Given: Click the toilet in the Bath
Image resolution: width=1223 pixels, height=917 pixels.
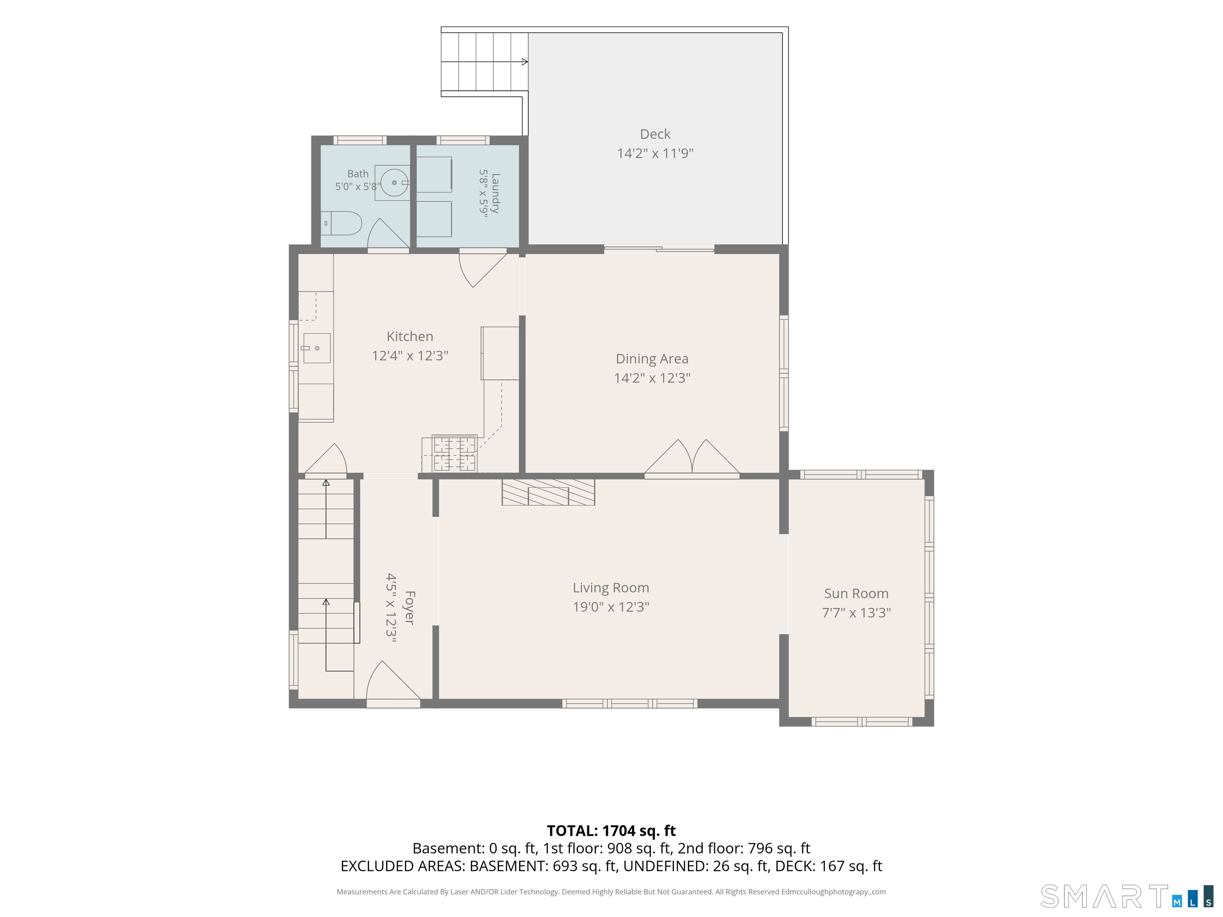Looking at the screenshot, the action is (341, 223).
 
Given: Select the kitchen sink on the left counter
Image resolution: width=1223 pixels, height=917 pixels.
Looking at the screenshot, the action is (317, 348).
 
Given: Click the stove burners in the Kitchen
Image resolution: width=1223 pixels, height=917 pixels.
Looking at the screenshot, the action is (455, 454).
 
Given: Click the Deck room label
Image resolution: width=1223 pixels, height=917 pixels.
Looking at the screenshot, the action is (655, 134).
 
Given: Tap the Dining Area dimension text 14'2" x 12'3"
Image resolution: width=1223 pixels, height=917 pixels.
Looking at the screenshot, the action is (653, 378).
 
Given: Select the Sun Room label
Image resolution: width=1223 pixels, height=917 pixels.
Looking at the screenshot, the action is (856, 594).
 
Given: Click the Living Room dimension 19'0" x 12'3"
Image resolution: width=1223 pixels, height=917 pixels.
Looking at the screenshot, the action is (611, 607).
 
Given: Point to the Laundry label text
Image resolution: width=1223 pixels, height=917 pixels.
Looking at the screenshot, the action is (495, 193).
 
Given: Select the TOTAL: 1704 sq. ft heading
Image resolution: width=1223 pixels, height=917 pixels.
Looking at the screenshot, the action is (611, 831).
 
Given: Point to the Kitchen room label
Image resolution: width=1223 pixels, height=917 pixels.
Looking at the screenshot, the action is (410, 337).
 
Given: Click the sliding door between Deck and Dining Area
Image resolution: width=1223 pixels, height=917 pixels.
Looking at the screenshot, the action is (659, 249).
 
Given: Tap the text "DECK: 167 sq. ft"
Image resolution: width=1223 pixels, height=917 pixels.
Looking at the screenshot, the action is (829, 866).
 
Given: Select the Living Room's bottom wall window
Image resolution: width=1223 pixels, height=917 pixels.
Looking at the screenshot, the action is (630, 704).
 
